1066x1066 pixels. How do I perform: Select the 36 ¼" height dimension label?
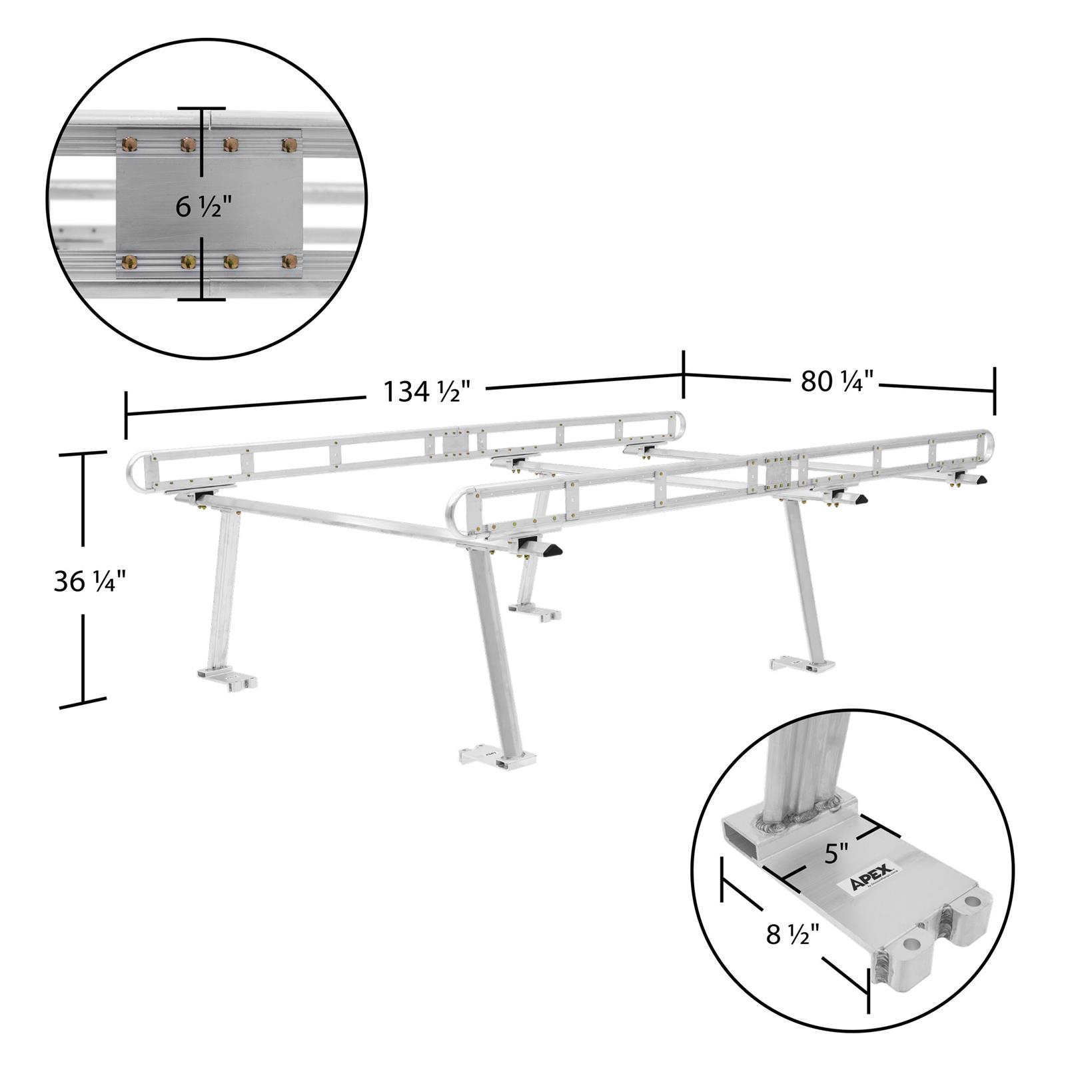coord(90,582)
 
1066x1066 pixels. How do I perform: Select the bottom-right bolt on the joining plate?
coord(289,261)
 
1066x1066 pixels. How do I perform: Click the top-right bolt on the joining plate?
coord(289,144)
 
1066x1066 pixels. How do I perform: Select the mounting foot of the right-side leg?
coord(803,664)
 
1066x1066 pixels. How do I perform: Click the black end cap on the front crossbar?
coord(551,550)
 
